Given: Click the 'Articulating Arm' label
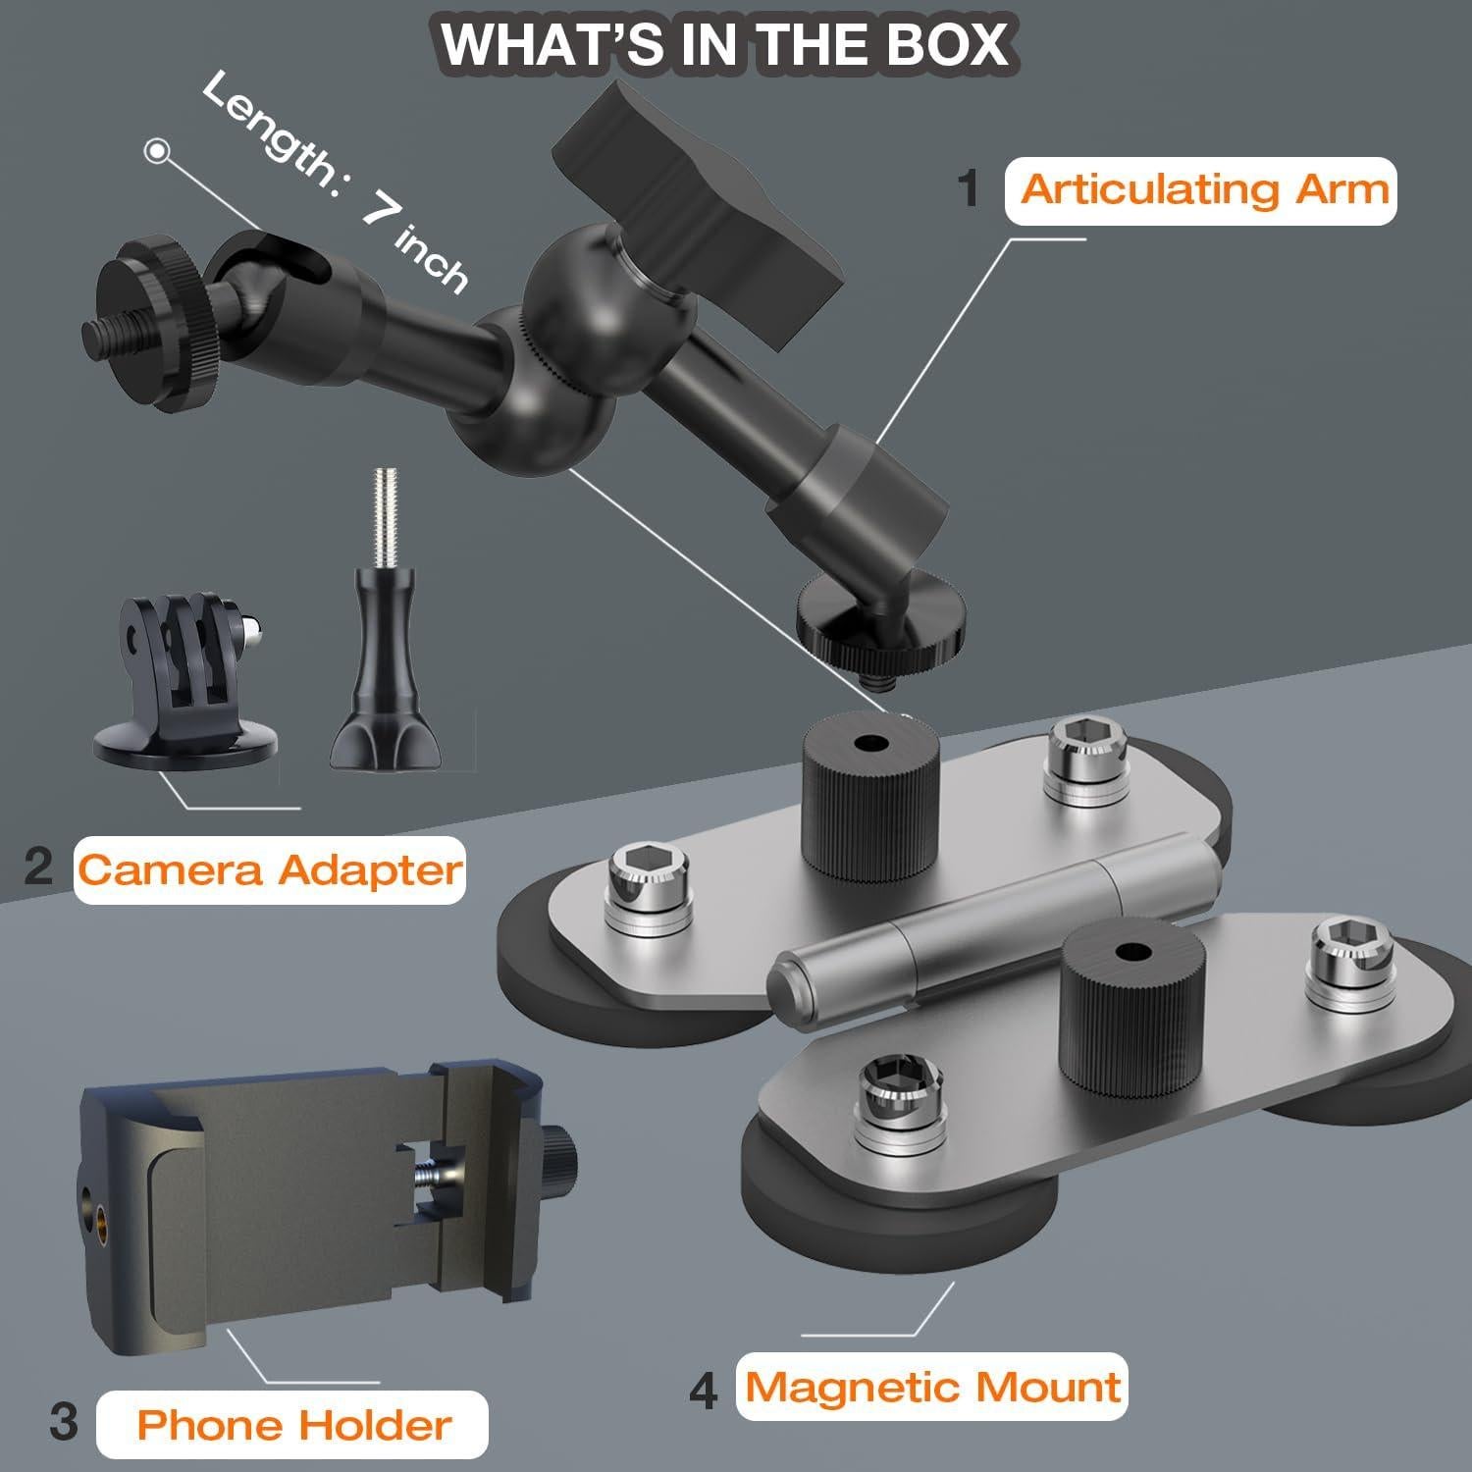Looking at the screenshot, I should click(x=1203, y=189).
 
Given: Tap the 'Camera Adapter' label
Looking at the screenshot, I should click(x=269, y=869).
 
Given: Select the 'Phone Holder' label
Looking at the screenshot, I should click(x=293, y=1424).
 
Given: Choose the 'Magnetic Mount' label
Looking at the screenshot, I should click(x=932, y=1387).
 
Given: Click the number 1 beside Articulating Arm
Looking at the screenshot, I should click(x=970, y=188).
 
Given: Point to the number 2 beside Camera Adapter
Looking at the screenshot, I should click(x=38, y=867).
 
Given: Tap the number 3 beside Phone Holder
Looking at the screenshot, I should click(x=63, y=1421).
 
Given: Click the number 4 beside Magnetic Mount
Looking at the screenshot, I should click(x=703, y=1391).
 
